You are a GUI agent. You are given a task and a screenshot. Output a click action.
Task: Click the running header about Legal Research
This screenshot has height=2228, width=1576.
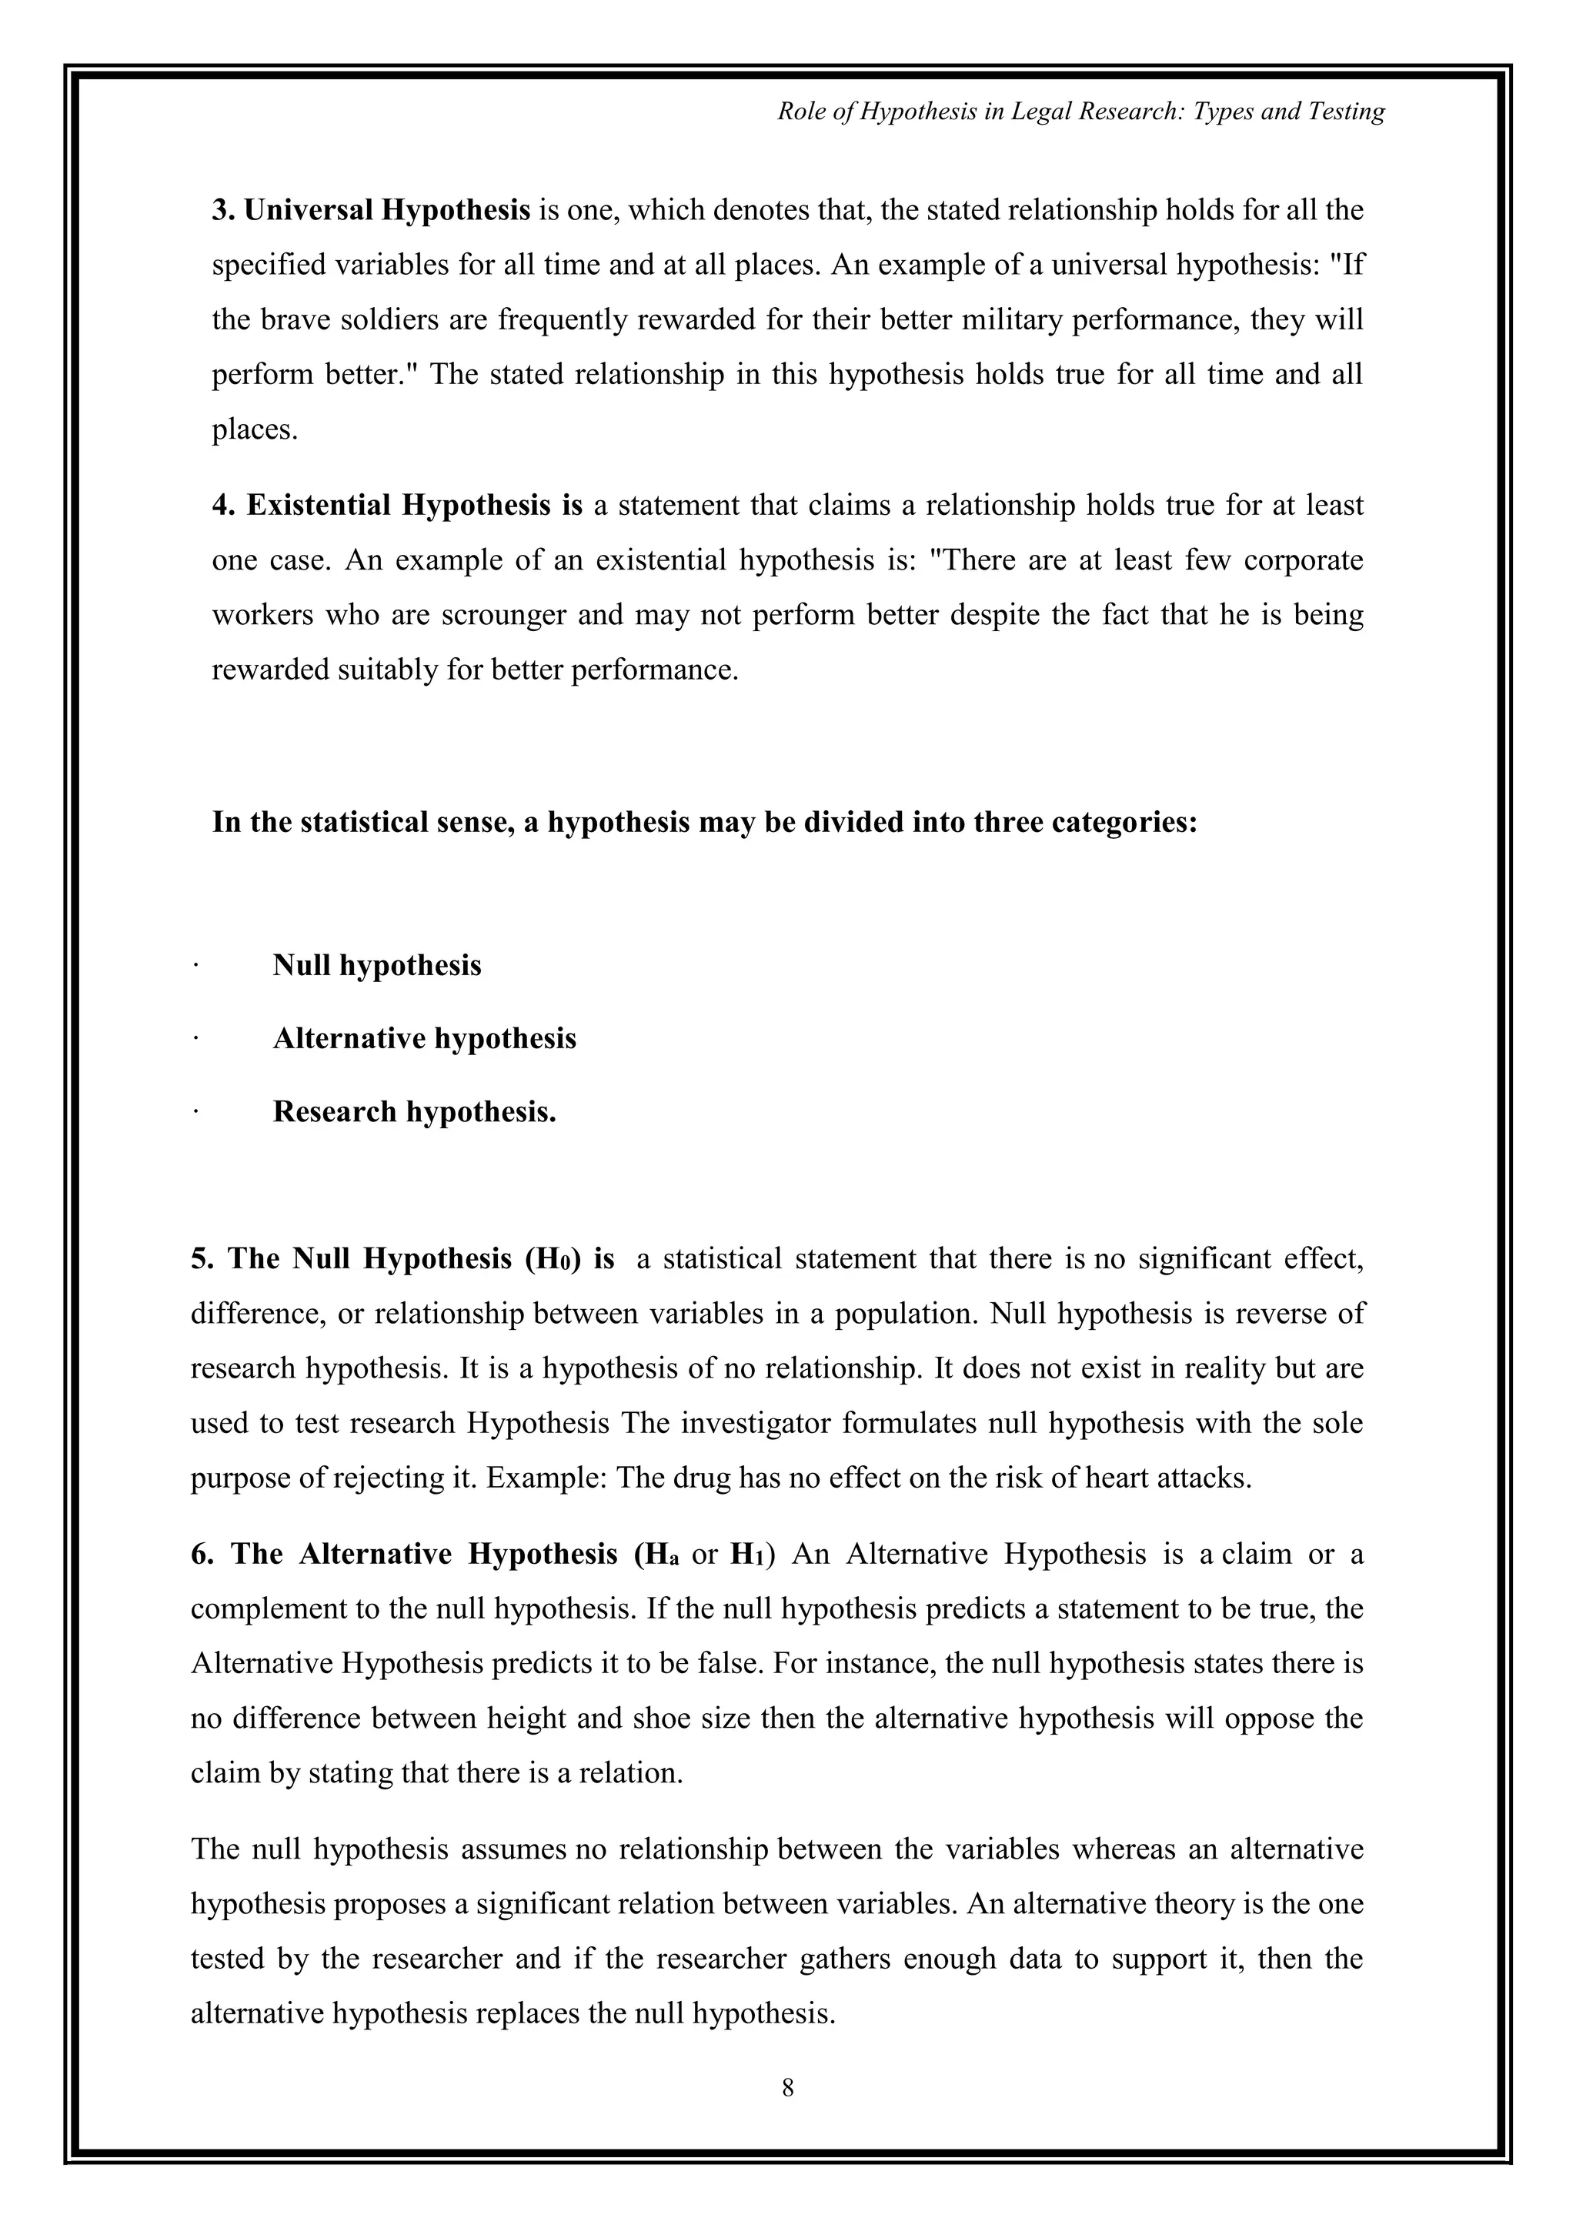(x=1081, y=112)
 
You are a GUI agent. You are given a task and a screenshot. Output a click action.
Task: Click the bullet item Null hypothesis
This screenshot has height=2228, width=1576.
(x=376, y=966)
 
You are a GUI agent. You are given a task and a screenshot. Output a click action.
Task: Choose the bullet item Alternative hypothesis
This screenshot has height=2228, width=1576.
(x=424, y=1038)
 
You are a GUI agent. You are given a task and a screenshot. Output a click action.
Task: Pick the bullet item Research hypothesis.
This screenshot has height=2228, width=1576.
(x=414, y=1111)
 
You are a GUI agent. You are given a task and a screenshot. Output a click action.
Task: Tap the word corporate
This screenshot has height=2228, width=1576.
(x=1304, y=561)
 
